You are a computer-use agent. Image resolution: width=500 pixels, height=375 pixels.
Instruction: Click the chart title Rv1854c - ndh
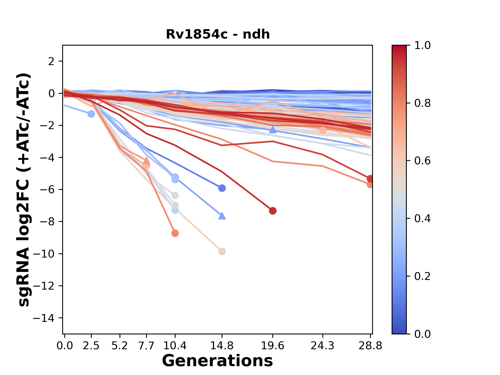[x=218, y=34]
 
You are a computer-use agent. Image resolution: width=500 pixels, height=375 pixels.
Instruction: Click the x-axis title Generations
[x=217, y=361]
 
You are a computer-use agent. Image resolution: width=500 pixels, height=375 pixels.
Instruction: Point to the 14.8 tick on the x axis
[x=222, y=346]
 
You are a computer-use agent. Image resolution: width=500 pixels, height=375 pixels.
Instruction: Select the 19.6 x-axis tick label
[x=273, y=346]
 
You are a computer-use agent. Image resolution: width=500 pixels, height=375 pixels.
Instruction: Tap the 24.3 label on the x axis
[x=323, y=346]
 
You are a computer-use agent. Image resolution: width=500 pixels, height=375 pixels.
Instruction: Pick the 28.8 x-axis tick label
[x=370, y=346]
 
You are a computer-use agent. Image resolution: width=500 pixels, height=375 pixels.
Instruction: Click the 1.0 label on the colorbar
[x=422, y=46]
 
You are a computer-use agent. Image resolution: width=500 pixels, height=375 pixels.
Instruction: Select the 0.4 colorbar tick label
[x=422, y=218]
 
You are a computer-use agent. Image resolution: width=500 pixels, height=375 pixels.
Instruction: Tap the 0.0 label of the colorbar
[x=422, y=334]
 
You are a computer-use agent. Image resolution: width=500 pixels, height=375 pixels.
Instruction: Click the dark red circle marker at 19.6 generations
[x=273, y=211]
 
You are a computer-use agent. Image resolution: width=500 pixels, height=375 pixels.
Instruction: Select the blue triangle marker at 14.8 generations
[x=222, y=216]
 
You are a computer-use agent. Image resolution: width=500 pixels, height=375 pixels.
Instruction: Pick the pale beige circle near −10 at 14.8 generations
[x=222, y=252]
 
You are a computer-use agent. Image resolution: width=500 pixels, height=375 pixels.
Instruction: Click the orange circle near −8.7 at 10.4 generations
[x=175, y=233]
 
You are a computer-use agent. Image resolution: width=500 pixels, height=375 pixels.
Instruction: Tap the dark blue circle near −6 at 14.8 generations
[x=222, y=188]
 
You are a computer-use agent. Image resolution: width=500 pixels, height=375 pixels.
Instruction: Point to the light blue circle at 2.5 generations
[x=91, y=114]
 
